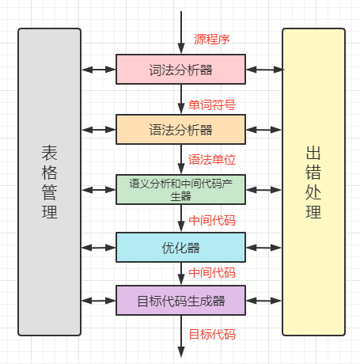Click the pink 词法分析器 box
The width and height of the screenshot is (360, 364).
click(x=180, y=70)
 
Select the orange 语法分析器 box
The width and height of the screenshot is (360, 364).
click(x=180, y=129)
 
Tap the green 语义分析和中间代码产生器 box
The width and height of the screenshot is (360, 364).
click(x=180, y=189)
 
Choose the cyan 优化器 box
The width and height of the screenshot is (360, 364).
click(x=180, y=248)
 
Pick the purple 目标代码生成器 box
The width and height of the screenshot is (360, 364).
click(x=180, y=301)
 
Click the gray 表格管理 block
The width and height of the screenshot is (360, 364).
click(x=49, y=181)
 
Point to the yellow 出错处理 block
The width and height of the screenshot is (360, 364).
click(x=313, y=181)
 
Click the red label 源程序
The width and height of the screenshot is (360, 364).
click(x=212, y=39)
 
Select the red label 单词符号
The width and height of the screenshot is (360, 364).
click(x=211, y=104)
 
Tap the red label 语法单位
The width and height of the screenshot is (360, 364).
click(x=211, y=159)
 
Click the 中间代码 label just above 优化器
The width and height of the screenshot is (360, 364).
click(x=211, y=220)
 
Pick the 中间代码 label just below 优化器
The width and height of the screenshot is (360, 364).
click(x=211, y=273)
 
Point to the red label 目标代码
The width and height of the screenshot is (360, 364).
click(x=211, y=334)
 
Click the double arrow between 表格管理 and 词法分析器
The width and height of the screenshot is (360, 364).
click(x=99, y=70)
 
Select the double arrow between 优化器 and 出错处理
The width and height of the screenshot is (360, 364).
click(x=263, y=248)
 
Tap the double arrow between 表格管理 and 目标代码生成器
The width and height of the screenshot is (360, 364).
click(x=99, y=301)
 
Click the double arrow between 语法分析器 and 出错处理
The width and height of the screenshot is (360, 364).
click(x=263, y=129)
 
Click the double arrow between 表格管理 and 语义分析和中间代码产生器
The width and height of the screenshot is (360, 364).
click(x=99, y=189)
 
